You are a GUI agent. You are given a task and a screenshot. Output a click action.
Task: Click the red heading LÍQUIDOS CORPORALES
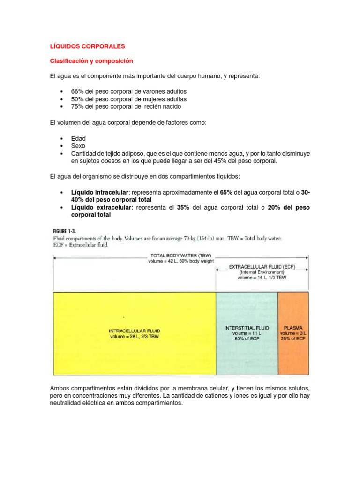[x=87, y=46]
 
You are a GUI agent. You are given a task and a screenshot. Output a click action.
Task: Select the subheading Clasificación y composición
[x=91, y=61]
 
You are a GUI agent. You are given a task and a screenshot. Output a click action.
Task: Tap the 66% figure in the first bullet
[x=78, y=91]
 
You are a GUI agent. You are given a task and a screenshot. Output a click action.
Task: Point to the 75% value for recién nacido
[x=78, y=106]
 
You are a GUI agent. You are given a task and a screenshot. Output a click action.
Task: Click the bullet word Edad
[x=78, y=138]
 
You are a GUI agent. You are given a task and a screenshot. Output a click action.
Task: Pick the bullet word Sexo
[x=78, y=146]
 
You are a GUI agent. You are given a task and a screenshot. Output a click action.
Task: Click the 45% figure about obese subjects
[x=223, y=161]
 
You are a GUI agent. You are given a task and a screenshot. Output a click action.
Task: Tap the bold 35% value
[x=183, y=207]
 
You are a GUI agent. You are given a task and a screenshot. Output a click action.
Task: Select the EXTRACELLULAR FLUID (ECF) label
[x=262, y=266]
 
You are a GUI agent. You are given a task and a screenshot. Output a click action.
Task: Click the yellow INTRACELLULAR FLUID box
[x=134, y=333]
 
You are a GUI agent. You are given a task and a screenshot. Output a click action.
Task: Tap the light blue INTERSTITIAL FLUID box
[x=247, y=333]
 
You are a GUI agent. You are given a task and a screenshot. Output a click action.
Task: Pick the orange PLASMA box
[x=293, y=333]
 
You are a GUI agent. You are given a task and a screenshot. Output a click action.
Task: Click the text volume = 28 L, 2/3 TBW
[x=134, y=336]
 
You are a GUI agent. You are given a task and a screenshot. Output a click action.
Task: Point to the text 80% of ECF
[x=247, y=339]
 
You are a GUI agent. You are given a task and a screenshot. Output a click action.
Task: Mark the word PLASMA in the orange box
[x=293, y=328]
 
